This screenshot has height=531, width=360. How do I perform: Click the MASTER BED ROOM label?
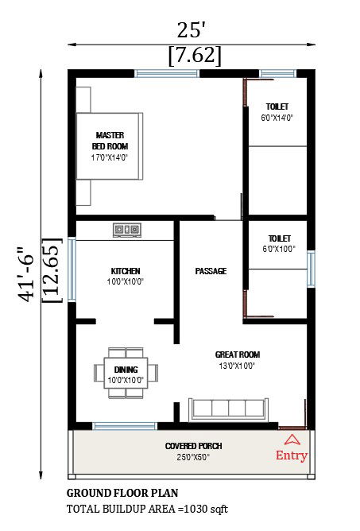(x=110, y=141)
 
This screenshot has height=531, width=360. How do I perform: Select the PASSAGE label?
(x=211, y=271)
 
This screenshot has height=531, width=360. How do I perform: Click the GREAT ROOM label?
(x=238, y=355)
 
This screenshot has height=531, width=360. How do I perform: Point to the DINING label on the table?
(x=126, y=370)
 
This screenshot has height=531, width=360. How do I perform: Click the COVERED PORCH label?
(x=193, y=446)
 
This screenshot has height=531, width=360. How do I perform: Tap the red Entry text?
(x=292, y=455)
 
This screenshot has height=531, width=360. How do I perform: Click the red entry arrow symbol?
(x=292, y=439)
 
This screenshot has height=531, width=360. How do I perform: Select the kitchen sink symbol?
(x=128, y=230)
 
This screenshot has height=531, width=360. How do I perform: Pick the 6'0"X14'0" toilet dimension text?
(x=277, y=118)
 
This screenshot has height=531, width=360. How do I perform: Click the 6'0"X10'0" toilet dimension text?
(x=279, y=249)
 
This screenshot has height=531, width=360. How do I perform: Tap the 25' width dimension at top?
(x=192, y=30)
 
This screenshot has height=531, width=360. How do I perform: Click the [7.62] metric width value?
(x=195, y=56)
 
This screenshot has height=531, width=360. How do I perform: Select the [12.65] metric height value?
(x=52, y=271)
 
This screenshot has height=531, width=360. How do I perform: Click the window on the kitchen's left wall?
(x=72, y=269)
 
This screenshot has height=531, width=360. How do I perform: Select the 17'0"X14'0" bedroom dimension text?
(x=110, y=157)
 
